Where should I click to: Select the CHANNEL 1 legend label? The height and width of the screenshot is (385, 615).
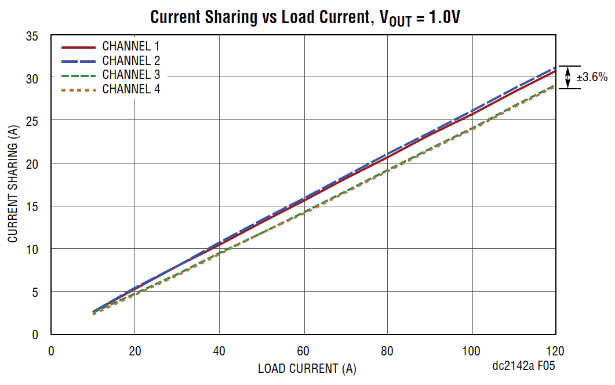tap(131, 46)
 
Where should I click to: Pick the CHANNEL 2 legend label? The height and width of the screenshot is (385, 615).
tap(131, 60)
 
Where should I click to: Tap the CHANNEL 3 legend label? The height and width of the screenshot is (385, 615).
tap(131, 75)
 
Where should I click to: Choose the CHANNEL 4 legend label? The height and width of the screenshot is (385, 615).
tap(131, 89)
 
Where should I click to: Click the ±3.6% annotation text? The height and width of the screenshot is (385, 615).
tap(591, 77)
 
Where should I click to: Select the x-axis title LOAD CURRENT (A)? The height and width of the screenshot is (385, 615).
tap(307, 368)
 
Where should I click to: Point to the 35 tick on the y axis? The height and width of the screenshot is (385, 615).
tap(33, 36)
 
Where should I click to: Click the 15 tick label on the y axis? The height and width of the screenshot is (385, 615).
tap(33, 206)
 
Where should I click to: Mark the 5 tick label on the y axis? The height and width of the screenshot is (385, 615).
tap(36, 292)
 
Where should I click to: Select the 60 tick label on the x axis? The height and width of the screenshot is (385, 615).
tap(303, 351)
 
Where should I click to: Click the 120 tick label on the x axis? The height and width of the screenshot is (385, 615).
tap(555, 351)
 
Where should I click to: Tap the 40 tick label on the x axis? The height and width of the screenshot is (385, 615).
tap(219, 351)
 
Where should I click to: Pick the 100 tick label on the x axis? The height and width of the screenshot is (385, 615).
tap(472, 351)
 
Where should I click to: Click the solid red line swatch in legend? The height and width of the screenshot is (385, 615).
tap(78, 46)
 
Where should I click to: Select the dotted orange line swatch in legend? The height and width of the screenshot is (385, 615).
tap(78, 90)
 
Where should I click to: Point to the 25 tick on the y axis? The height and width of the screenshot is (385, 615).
tap(33, 121)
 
